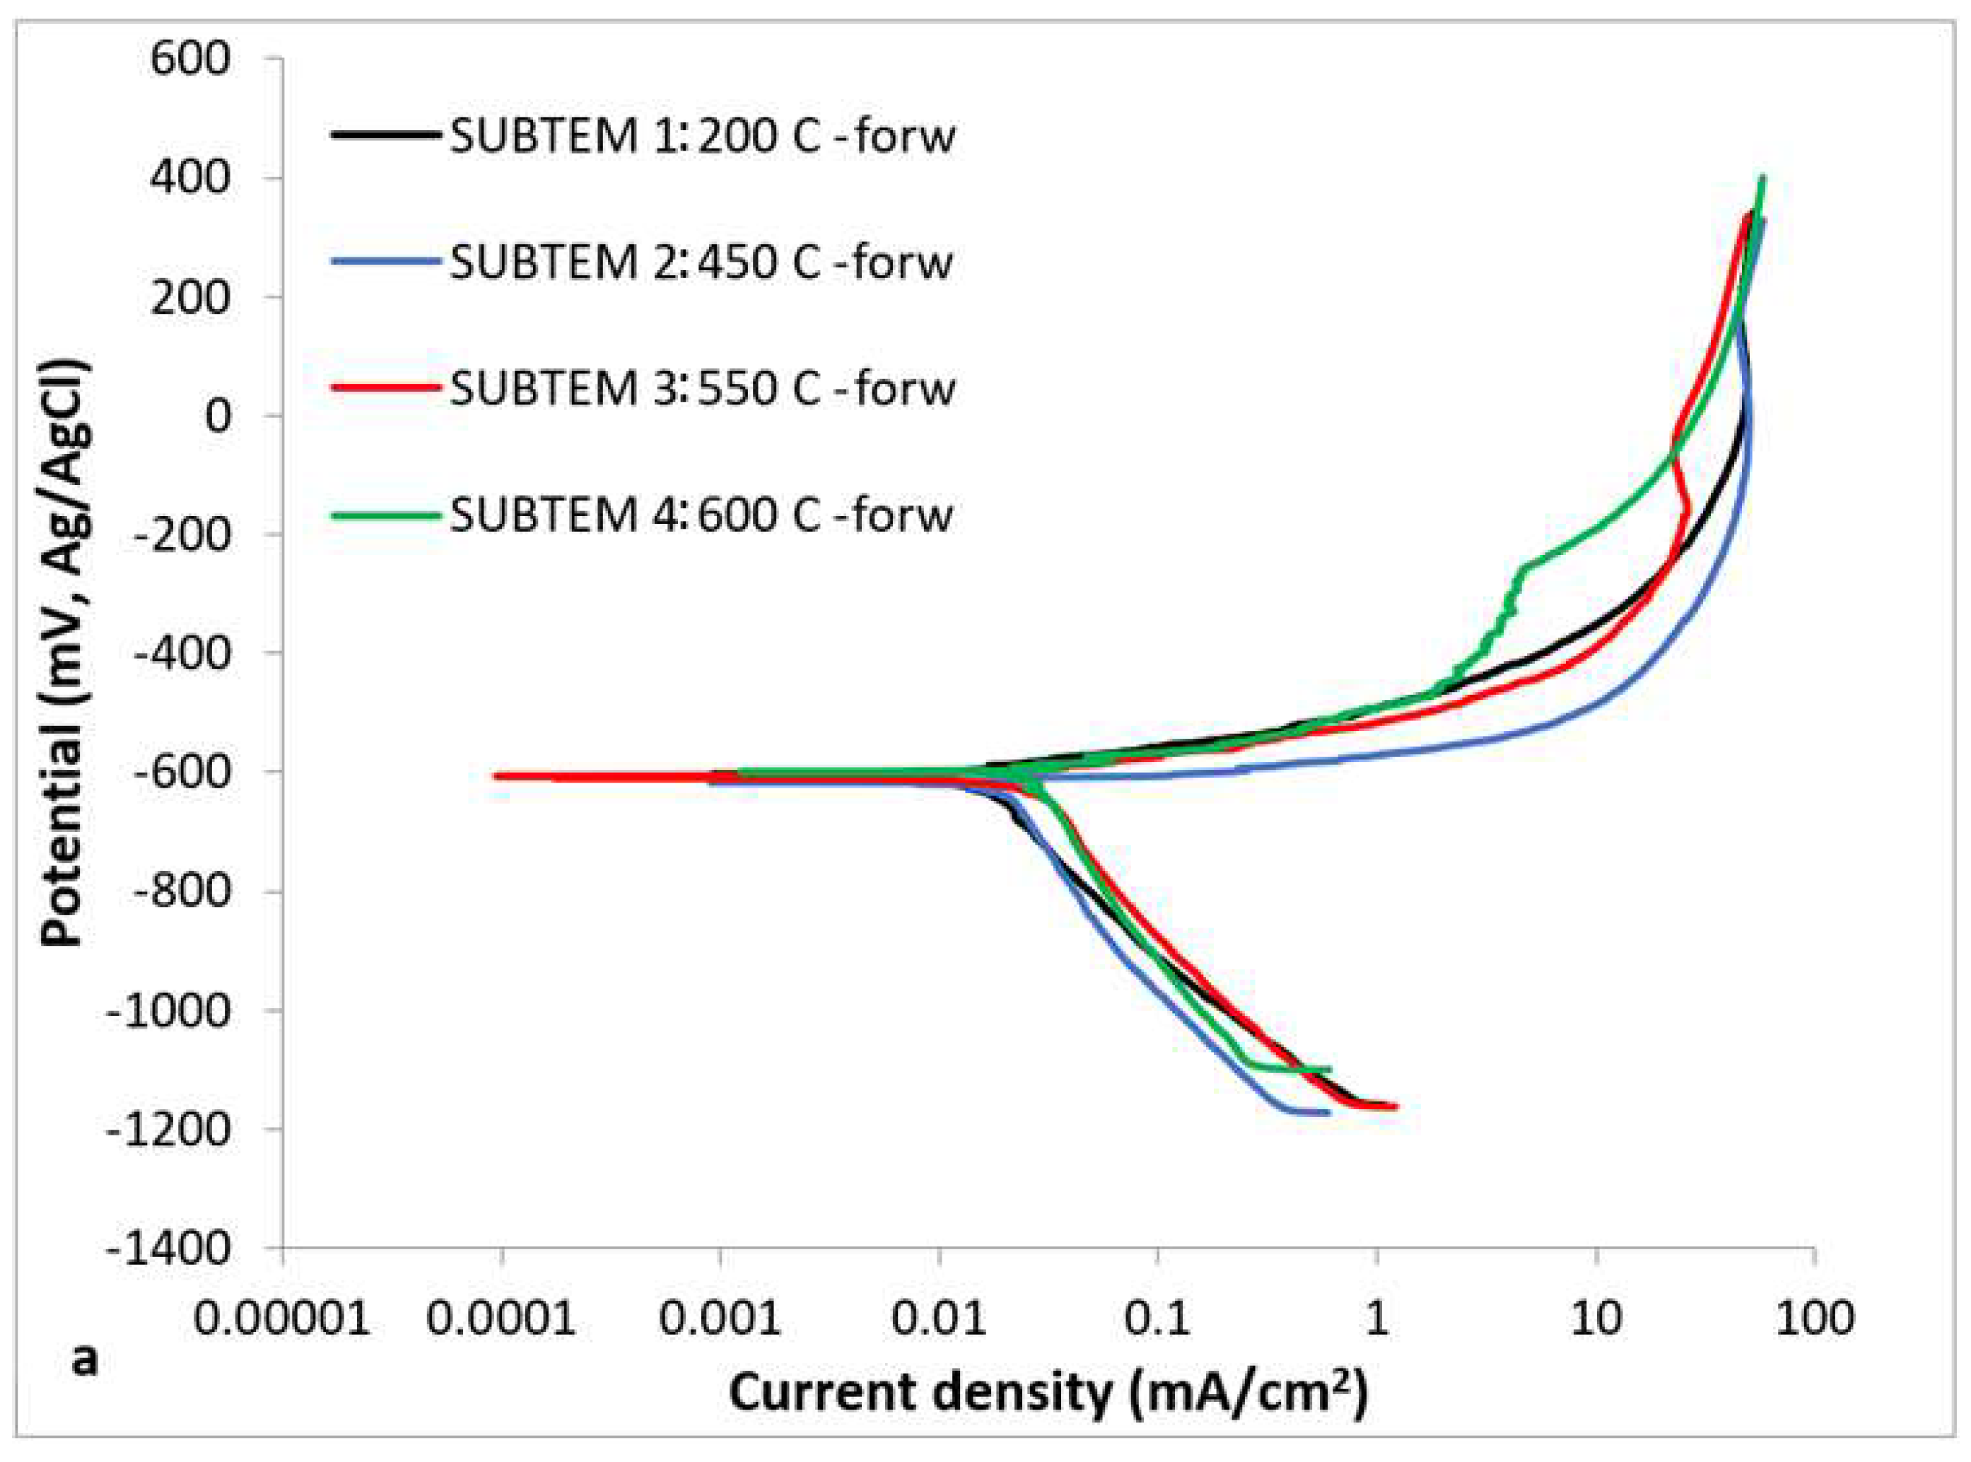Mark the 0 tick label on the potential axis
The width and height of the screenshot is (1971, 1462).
218,416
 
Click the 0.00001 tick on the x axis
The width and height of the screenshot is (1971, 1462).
281,1318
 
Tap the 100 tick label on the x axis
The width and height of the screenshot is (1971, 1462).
1813,1318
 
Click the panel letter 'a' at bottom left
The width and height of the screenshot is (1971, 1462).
84,1359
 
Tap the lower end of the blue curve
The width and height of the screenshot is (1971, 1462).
1328,1113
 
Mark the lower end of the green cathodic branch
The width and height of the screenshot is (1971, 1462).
1328,1068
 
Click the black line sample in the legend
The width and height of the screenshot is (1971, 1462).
386,134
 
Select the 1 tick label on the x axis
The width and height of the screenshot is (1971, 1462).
1376,1318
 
